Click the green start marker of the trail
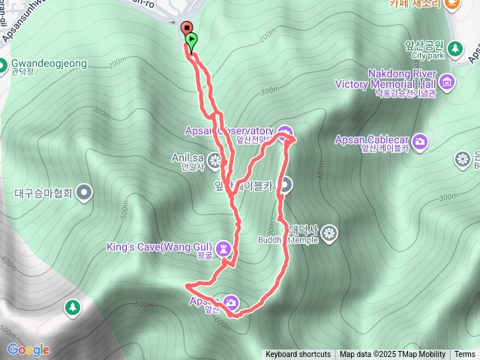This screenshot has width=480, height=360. [x=192, y=40]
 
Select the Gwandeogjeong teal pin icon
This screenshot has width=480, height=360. [x=4, y=64]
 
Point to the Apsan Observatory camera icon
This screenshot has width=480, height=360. [x=284, y=134]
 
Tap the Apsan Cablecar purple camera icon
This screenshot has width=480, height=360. [x=421, y=140]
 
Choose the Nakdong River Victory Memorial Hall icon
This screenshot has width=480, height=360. [x=448, y=80]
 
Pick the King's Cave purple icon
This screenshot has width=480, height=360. [x=223, y=248]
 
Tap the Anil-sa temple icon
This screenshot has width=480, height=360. [x=215, y=160]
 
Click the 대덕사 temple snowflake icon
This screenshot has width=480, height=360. [x=328, y=235]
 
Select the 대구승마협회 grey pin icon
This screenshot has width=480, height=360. [x=84, y=192]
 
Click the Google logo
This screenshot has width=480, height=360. [x=28, y=349]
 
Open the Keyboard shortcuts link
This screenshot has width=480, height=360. [x=298, y=355]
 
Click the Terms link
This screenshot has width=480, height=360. [x=465, y=355]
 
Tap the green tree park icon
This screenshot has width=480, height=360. [x=72, y=307]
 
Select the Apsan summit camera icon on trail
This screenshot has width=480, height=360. [x=232, y=302]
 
